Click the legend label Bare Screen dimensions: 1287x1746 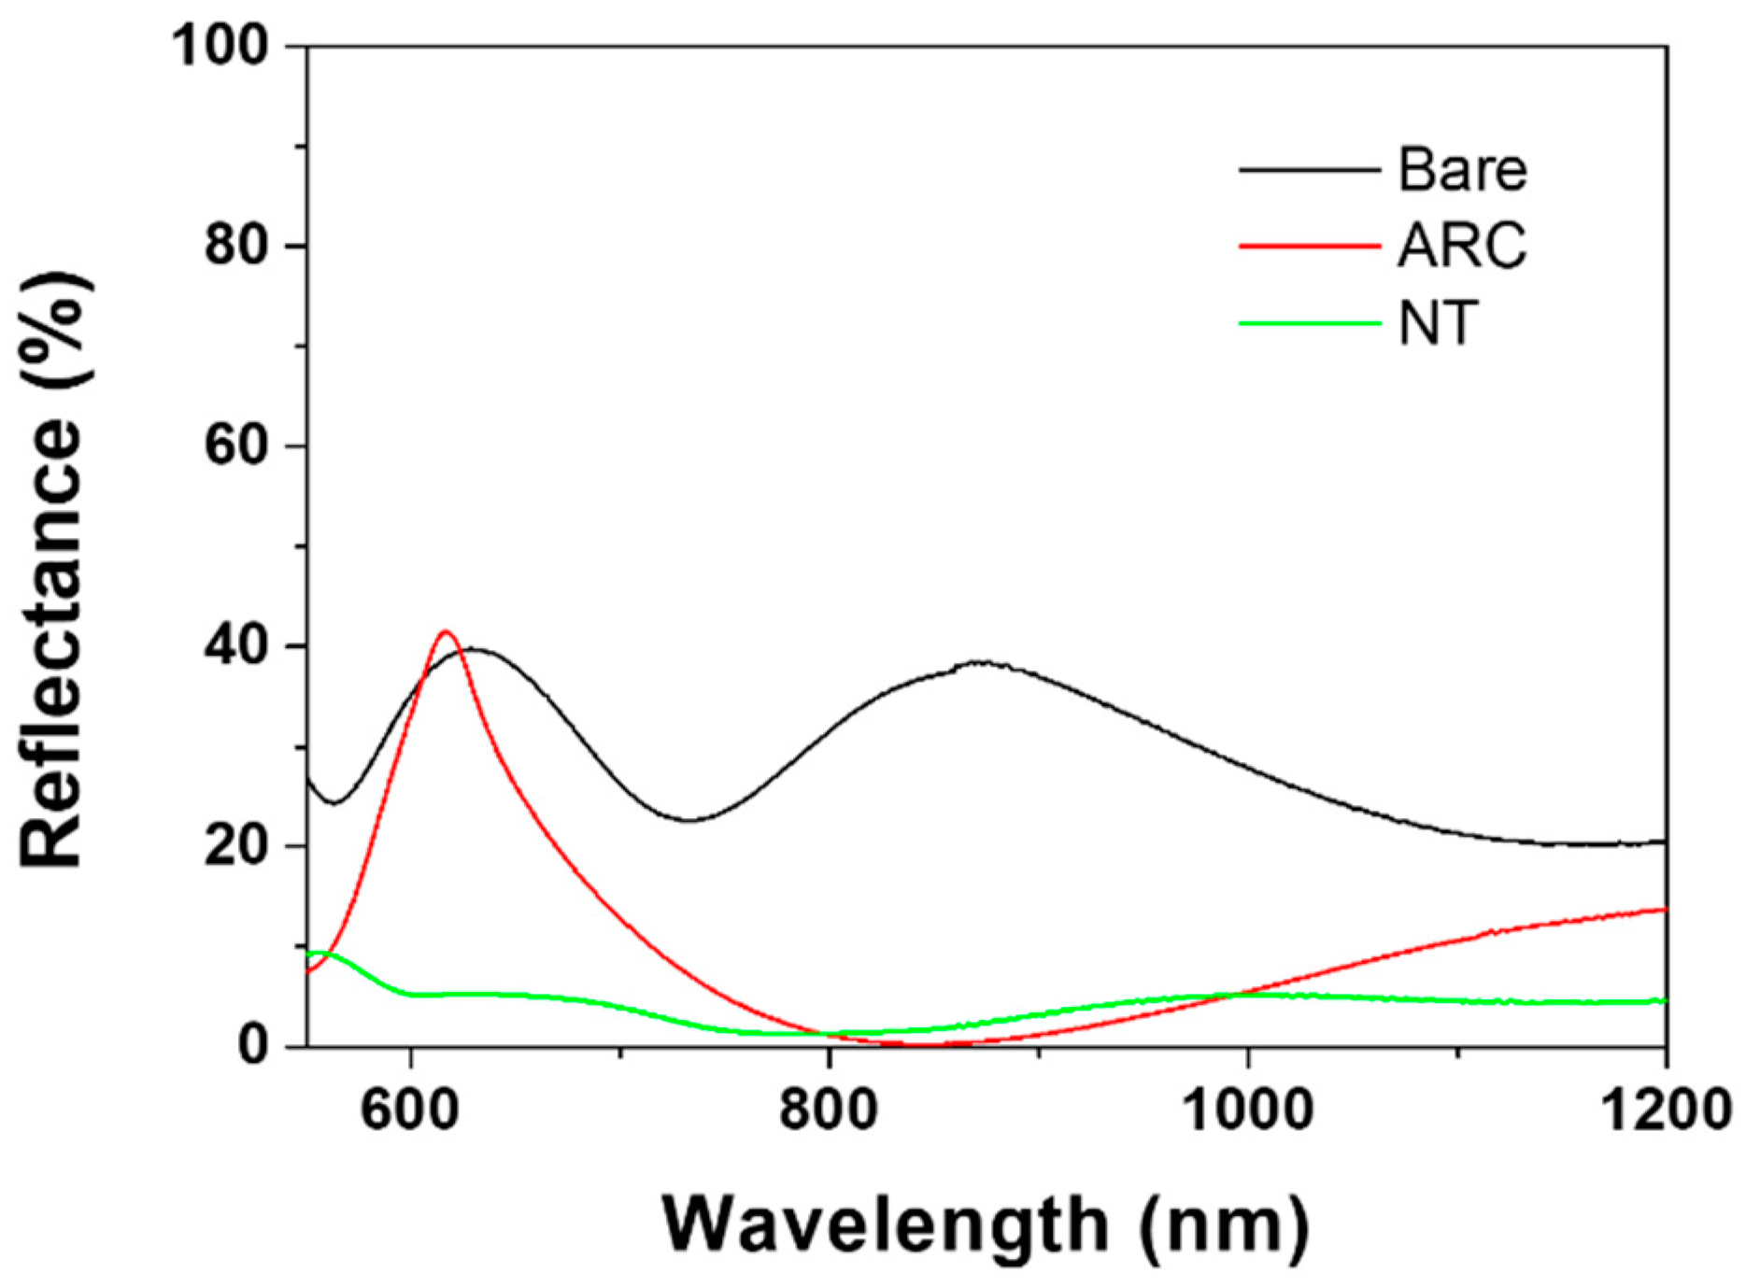tap(1462, 170)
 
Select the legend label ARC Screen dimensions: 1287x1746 tap(1462, 247)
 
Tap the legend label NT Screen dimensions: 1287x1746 tap(1439, 324)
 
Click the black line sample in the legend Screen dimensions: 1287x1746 tap(1310, 170)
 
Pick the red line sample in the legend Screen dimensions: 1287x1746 tap(1310, 247)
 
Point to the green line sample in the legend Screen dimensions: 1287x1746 tap(1310, 324)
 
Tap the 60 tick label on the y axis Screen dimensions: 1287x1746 tap(236, 445)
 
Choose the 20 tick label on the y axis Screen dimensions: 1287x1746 tap(236, 846)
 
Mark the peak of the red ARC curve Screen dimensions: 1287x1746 tap(446, 632)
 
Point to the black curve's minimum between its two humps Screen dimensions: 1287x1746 tap(689, 820)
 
